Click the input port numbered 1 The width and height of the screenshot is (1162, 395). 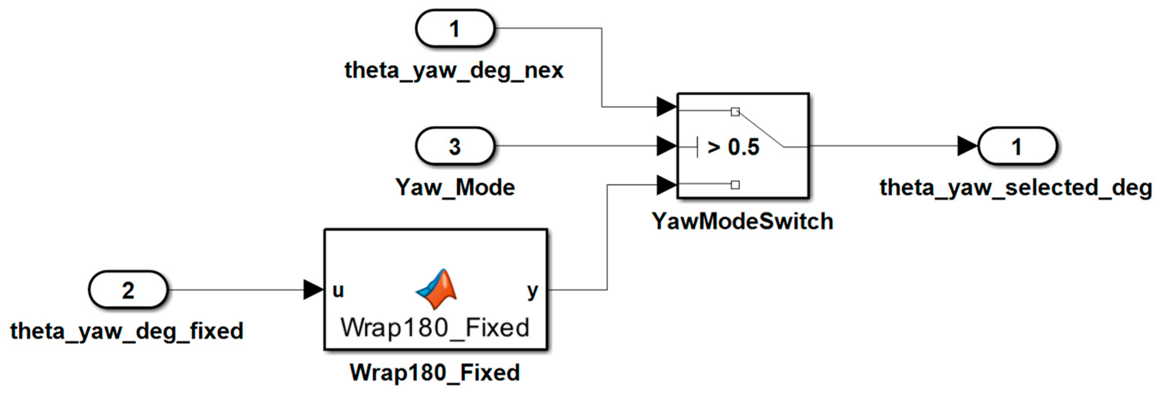pos(455,29)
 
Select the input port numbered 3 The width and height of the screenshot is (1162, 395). pos(455,146)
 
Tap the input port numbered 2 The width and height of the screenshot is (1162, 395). pos(128,289)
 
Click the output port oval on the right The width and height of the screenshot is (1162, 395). pos(1017,146)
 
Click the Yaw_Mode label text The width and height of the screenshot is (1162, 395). pos(455,187)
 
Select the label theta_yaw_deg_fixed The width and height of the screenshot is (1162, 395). pos(127,331)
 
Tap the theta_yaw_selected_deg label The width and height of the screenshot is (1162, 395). pos(1016,187)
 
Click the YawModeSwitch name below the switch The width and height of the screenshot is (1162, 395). pos(742,221)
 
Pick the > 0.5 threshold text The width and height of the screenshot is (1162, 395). pos(733,147)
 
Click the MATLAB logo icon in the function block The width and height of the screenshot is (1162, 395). pos(436,289)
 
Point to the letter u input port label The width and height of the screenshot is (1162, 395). pos(338,290)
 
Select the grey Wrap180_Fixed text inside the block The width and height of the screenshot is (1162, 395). pos(435,327)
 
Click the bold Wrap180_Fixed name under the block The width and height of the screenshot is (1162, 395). pos(435,373)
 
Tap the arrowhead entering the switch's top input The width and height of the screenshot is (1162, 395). pos(667,107)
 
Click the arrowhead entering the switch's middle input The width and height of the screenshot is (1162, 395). pos(667,146)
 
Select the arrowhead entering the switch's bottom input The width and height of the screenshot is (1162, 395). pos(667,184)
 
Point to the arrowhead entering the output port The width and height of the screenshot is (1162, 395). pos(967,146)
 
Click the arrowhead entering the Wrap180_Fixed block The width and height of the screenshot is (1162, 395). pos(314,289)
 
